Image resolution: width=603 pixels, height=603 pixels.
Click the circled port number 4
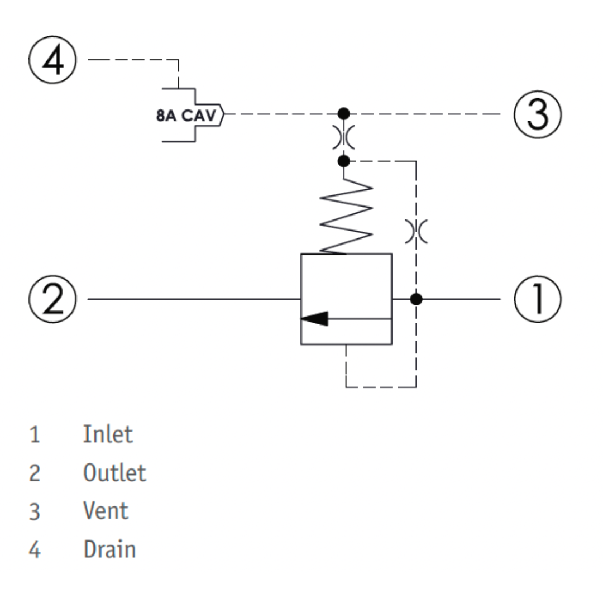coord(52,60)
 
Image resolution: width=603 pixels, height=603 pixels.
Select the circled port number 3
coord(538,114)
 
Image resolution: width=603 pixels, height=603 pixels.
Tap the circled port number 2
coord(52,299)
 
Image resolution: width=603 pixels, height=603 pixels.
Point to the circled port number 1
coord(538,299)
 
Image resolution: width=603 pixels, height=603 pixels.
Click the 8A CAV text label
coord(186,116)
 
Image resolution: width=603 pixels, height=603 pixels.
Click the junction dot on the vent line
coord(344,114)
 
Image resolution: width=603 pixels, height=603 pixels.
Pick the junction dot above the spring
coord(344,161)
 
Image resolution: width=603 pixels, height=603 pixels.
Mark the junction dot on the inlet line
coord(416,299)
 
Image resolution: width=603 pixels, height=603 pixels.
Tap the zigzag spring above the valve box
coord(346,216)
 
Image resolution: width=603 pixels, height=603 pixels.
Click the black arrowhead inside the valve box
coord(314,318)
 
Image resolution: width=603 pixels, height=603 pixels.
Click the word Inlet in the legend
coord(108,434)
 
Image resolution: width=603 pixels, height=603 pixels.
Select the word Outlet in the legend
coord(114,473)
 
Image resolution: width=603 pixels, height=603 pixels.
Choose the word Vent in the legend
coord(106,511)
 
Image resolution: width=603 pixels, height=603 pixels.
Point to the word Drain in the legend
coord(109,549)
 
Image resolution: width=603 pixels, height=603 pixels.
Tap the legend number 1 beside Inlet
coord(35,435)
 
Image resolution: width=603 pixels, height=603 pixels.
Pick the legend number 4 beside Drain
coord(35,549)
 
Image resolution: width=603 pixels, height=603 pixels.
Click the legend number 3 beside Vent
coord(35,512)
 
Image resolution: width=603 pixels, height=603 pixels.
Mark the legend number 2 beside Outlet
coord(35,473)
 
